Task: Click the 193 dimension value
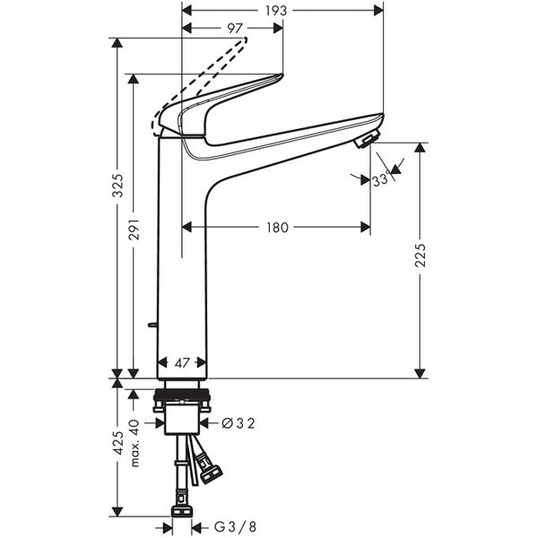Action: point(276,11)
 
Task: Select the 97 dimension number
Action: point(235,28)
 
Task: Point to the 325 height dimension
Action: point(118,186)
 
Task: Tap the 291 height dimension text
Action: point(134,230)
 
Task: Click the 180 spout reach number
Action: point(278,227)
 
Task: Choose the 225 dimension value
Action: point(420,255)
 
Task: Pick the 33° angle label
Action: point(381,178)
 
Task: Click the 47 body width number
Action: point(182,362)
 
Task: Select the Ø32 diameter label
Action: point(239,423)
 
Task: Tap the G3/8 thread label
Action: point(235,526)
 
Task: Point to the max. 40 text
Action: point(135,443)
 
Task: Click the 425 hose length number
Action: point(118,443)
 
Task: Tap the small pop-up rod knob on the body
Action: point(152,325)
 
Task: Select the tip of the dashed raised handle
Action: point(246,39)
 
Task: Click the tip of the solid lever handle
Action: point(282,75)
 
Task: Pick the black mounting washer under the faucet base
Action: point(181,395)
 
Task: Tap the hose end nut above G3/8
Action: point(182,511)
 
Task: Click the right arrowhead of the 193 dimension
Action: point(378,11)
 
